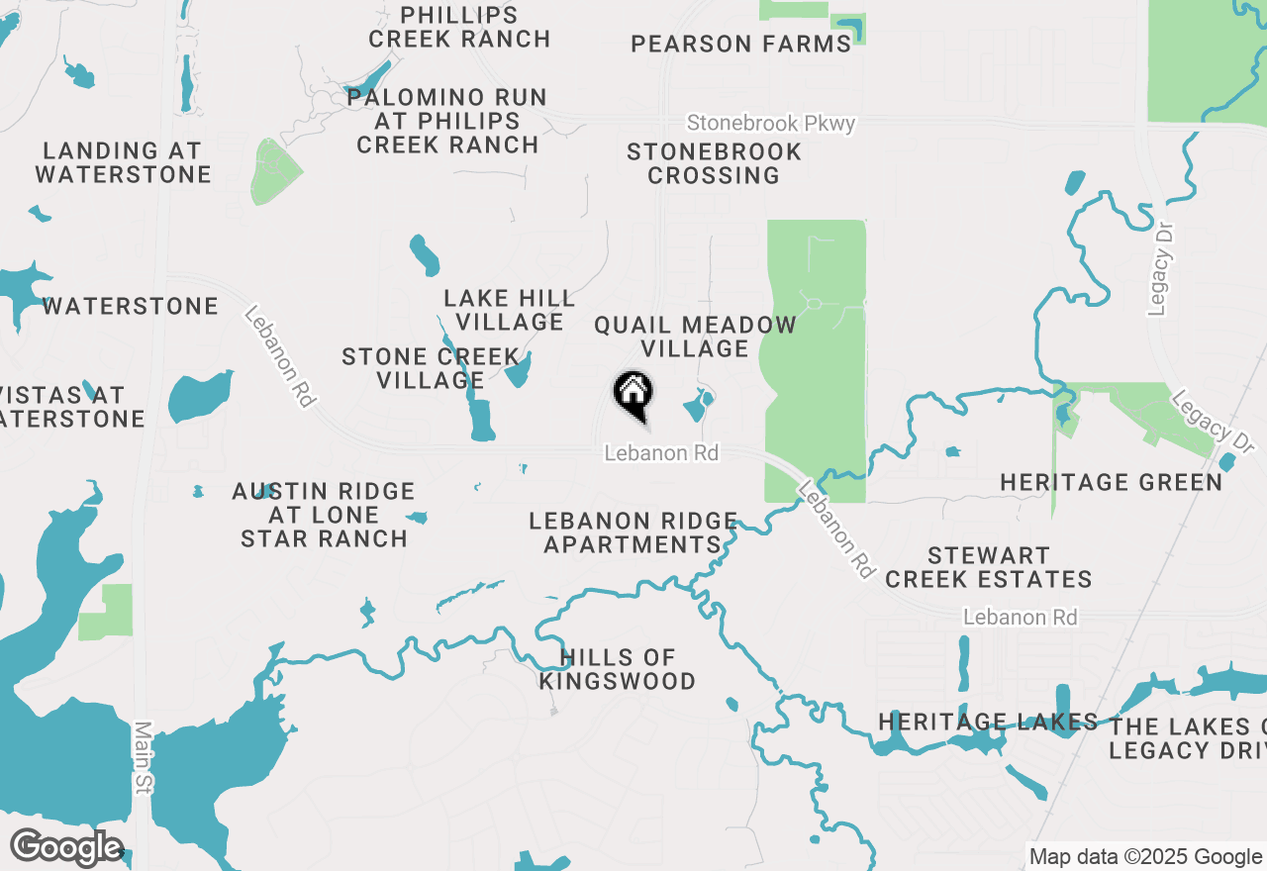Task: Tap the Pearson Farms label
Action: [741, 45]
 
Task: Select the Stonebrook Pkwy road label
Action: [771, 124]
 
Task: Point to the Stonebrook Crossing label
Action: [714, 164]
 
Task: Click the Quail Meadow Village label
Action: [695, 337]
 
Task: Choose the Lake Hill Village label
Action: [510, 310]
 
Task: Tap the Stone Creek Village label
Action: [431, 368]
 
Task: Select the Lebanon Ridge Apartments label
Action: [633, 532]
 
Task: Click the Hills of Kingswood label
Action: [618, 669]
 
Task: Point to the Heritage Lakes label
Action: [988, 723]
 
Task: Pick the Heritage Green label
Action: [1111, 482]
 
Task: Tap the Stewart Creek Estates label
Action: [989, 567]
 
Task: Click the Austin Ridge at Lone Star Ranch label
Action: [324, 515]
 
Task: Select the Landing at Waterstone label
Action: [124, 163]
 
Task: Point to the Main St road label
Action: [143, 770]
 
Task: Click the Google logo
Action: [66, 848]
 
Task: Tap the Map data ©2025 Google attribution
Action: [1144, 857]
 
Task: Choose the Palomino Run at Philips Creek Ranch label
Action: [447, 121]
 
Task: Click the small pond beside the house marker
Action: [697, 405]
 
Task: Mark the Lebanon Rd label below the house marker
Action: [661, 453]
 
